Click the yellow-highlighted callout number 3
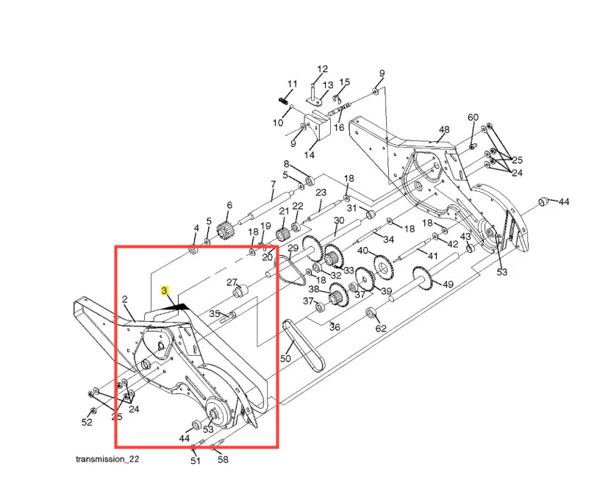[165, 290]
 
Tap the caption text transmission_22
[107, 459]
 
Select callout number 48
[444, 129]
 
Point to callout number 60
[473, 117]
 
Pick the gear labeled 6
[224, 231]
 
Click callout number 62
[381, 328]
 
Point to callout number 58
[223, 460]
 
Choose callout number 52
[87, 422]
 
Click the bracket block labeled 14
[318, 126]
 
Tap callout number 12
[322, 69]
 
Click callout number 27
[232, 282]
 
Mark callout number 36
[335, 326]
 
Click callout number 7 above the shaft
[273, 185]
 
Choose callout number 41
[432, 256]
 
